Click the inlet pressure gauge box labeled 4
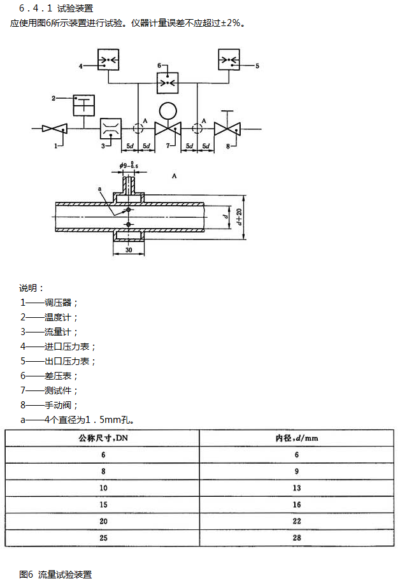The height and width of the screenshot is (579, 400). [108, 60]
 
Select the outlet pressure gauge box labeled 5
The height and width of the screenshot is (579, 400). [228, 60]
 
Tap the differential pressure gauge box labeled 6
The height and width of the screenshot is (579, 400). [168, 82]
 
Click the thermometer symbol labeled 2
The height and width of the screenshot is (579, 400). [83, 105]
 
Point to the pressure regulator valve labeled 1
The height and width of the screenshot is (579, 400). [55, 129]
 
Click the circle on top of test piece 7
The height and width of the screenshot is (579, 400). [168, 111]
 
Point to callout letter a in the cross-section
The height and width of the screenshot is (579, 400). [100, 189]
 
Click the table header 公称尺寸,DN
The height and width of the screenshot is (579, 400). [103, 439]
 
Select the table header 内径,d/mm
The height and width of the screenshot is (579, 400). [296, 439]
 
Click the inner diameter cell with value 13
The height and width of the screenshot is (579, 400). [296, 489]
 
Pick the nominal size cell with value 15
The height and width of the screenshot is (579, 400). [103, 505]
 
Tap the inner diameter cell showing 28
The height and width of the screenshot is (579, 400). [296, 538]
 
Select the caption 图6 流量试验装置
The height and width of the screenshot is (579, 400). [55, 574]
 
